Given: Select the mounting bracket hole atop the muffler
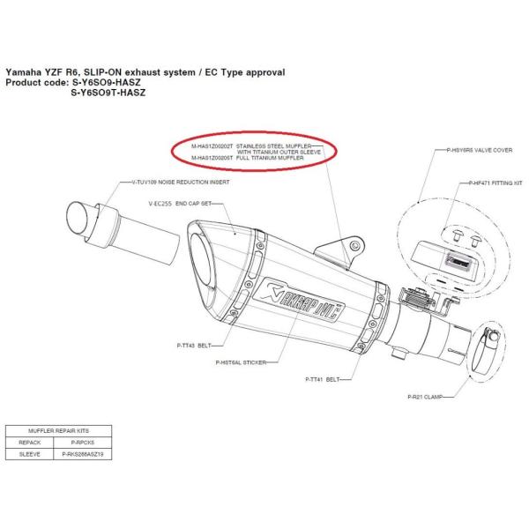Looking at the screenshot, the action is coord(354,243).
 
